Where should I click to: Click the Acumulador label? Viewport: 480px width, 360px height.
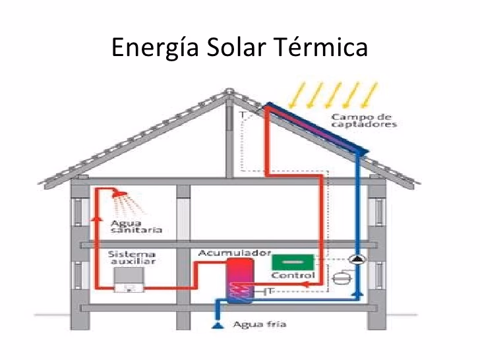(x=226, y=253)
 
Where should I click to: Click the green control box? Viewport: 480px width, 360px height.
(x=291, y=261)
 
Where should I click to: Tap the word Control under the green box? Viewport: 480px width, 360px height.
(x=293, y=275)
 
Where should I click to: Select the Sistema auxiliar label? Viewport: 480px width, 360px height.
(x=131, y=257)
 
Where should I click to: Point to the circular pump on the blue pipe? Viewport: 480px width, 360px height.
(x=357, y=260)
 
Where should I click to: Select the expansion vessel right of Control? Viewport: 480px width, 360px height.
(x=342, y=278)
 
